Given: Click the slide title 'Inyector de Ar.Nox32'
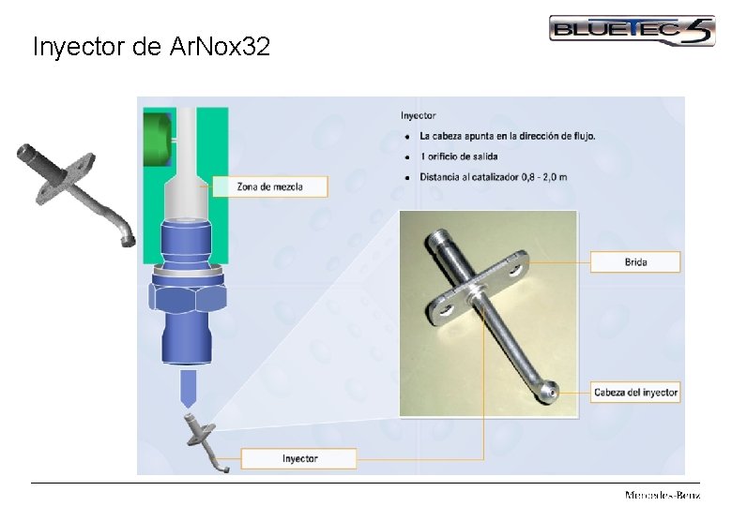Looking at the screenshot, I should click(151, 47).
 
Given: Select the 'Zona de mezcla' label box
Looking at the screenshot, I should click(269, 186).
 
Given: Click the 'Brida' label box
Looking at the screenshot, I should click(635, 261).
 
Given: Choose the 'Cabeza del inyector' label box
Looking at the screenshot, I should click(635, 393).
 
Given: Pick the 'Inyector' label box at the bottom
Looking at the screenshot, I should click(299, 458).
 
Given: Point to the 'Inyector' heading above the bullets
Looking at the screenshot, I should click(419, 116).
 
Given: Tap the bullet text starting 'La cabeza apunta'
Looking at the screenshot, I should click(507, 136).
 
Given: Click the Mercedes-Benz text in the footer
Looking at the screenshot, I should click(663, 495).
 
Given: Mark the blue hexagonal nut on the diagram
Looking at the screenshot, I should click(187, 297).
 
